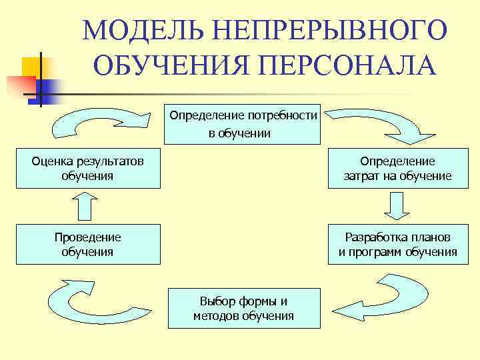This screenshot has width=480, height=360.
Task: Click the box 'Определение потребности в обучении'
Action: tap(243, 124)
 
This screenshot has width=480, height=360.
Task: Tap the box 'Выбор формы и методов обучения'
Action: tap(243, 308)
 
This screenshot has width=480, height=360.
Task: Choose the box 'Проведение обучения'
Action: tap(87, 245)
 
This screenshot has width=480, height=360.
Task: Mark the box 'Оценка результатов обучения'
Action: tap(87, 169)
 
